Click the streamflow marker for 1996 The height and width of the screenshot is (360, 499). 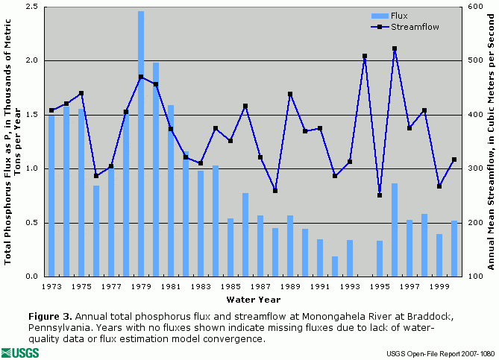pos(395,48)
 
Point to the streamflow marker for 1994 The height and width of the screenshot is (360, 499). pos(365,56)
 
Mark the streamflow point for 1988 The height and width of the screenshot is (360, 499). pos(275,191)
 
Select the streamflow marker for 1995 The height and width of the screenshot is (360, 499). pos(380,195)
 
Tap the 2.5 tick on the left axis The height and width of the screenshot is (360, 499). pos(32,7)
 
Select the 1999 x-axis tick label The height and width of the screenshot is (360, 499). pos(439,286)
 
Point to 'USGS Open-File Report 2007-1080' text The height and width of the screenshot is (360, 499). pos(440,353)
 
